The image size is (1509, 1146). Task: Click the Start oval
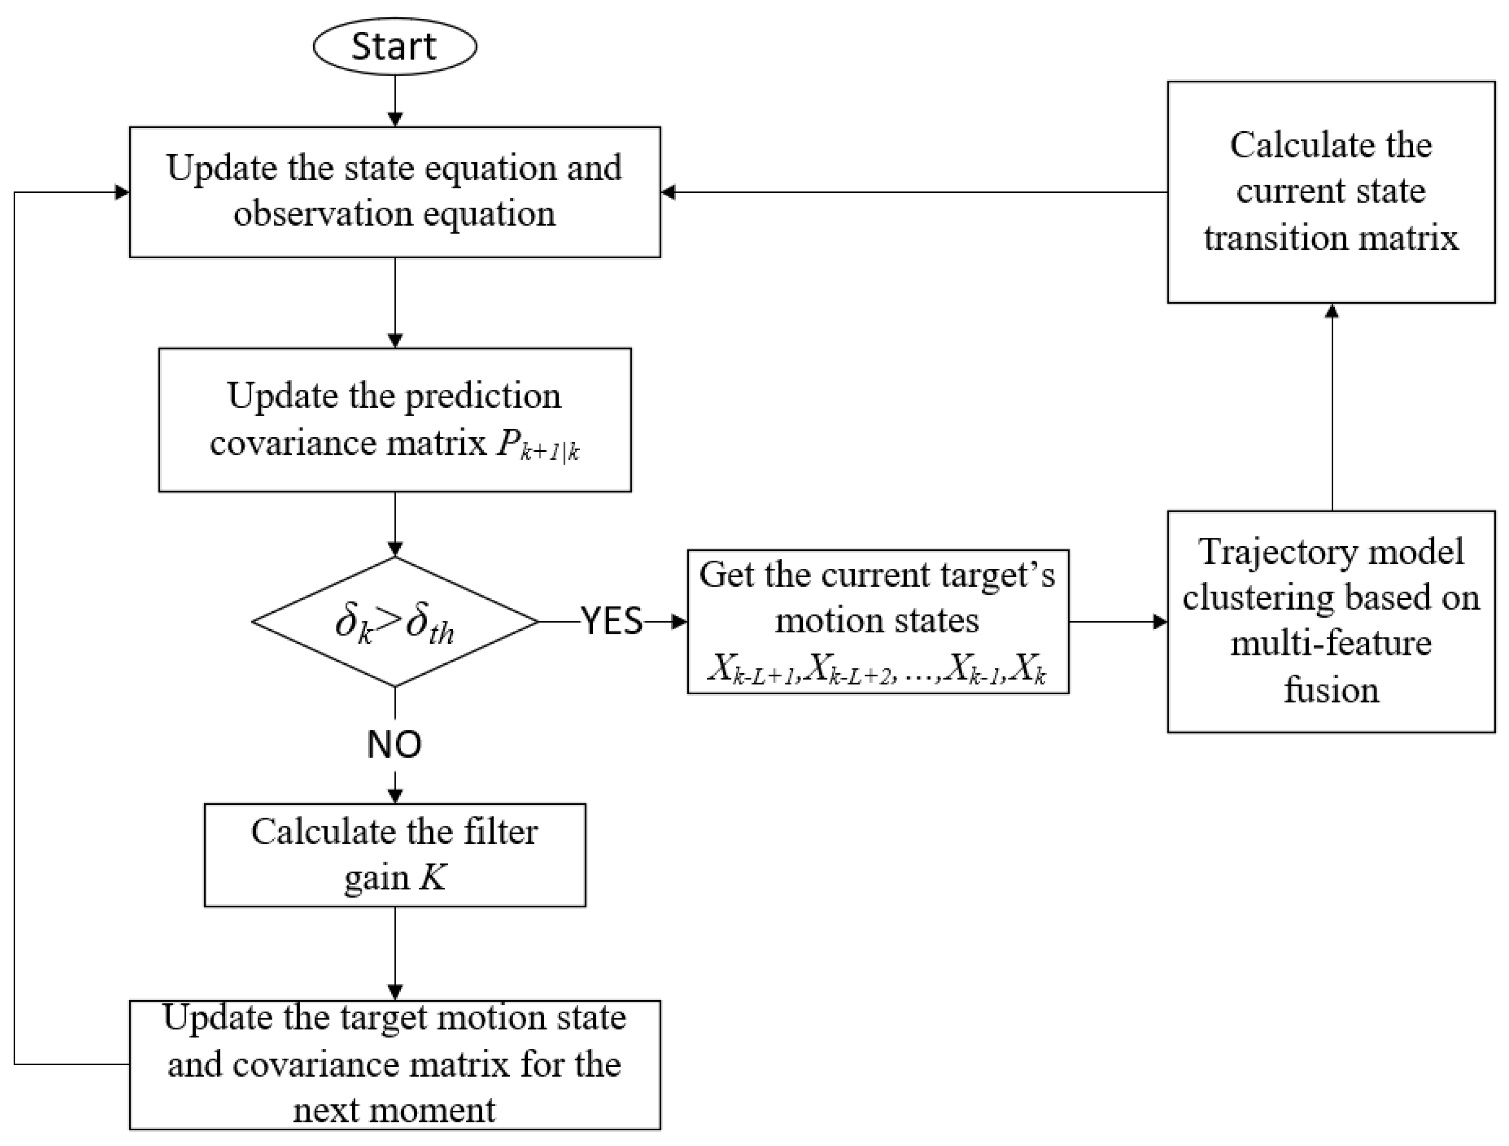coord(395,46)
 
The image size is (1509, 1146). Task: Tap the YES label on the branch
coord(611,621)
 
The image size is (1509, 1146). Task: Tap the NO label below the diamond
coord(395,744)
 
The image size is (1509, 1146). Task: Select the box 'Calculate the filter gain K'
coord(395,855)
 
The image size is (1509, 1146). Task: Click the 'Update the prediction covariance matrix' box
coord(395,420)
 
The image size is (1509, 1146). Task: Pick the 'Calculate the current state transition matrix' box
coord(1331,192)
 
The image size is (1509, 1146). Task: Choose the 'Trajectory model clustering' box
coord(1331,621)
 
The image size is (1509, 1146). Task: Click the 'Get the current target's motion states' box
coord(877,621)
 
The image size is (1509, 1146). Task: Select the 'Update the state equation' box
coord(395,192)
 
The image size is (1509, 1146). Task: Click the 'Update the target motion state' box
coord(395,1064)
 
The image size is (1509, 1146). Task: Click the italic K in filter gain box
coord(432,877)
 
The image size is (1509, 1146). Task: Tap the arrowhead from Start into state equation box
coord(395,120)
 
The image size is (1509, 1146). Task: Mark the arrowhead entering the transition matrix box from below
coord(1332,311)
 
